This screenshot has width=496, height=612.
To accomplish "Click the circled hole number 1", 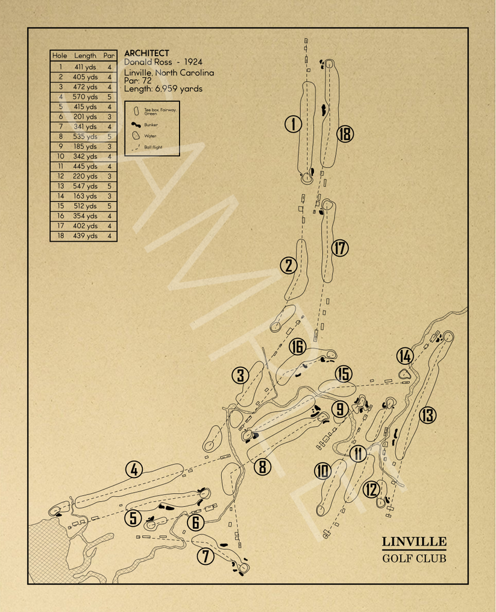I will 293,124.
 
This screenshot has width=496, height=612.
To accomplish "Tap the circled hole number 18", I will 345,133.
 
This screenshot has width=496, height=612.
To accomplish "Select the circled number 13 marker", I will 427,415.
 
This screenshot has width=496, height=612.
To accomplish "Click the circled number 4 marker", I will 134,469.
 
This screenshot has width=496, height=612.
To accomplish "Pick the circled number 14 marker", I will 405,356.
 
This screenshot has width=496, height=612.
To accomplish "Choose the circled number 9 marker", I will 340,409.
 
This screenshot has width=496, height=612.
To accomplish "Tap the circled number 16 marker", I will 297,346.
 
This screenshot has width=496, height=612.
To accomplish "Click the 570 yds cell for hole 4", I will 85,97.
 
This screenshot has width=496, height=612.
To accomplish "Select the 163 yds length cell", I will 85,196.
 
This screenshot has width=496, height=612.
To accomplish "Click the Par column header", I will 109,55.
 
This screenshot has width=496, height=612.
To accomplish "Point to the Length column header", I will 85,55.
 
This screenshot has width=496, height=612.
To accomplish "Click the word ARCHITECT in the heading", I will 146,53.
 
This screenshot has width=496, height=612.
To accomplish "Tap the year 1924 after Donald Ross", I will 193,62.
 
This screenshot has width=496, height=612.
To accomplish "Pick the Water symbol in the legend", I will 136,135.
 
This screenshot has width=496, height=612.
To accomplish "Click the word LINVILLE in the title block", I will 414,541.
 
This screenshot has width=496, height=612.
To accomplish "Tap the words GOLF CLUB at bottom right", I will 414,558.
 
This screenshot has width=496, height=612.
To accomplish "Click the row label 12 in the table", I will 60,176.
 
